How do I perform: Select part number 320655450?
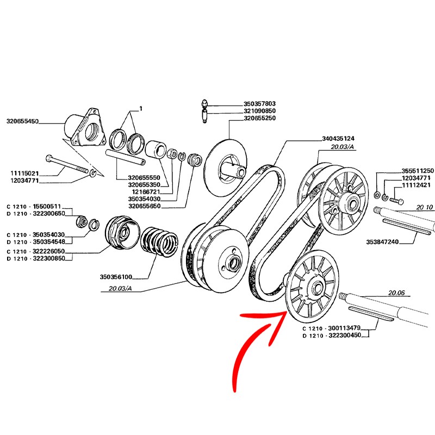22,121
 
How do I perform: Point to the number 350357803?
259,103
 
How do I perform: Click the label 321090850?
259,111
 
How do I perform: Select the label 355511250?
417,170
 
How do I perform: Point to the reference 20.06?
396,293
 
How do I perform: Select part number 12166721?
146,192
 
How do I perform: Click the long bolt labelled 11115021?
68,164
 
